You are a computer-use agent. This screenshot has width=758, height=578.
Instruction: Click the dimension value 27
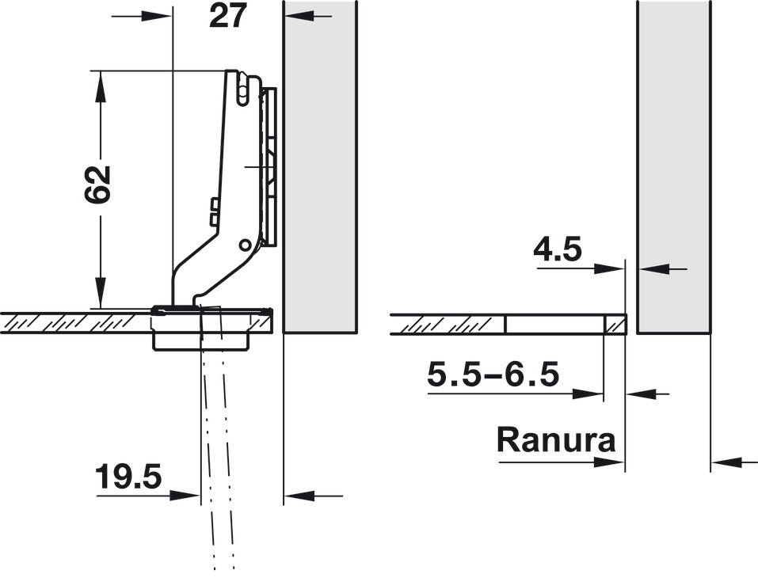pyautogui.click(x=228, y=16)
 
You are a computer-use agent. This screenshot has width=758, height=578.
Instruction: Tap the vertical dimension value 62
pyautogui.click(x=97, y=184)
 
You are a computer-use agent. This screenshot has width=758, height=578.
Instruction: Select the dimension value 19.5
pyautogui.click(x=128, y=477)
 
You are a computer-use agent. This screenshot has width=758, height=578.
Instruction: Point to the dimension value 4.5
pyautogui.click(x=558, y=250)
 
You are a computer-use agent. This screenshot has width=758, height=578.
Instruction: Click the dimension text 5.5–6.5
pyautogui.click(x=493, y=375)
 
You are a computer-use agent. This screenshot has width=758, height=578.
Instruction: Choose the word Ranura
pyautogui.click(x=556, y=439)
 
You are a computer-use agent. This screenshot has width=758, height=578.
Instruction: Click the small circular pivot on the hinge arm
pyautogui.click(x=245, y=245)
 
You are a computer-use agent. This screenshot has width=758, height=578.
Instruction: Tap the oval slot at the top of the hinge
pyautogui.click(x=242, y=90)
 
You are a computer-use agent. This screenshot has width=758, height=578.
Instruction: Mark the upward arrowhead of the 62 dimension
pyautogui.click(x=100, y=86)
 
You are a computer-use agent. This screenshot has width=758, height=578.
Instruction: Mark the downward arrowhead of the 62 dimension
pyautogui.click(x=100, y=292)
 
